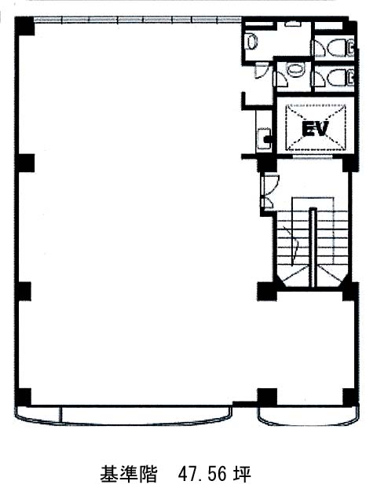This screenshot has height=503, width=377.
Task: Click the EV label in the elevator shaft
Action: (316, 129)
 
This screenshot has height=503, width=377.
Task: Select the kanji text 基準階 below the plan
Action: (129, 473)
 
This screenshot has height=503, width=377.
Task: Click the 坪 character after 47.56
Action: (241, 473)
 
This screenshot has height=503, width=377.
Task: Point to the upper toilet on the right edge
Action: (340, 47)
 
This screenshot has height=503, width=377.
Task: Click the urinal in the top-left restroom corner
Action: (251, 42)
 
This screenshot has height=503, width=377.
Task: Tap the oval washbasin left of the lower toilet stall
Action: (295, 71)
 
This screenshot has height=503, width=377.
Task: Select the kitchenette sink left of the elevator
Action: (264, 138)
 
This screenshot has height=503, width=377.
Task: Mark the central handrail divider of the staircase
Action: (313, 247)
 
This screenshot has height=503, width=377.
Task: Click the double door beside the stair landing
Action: (269, 191)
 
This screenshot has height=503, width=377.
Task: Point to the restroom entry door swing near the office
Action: (261, 71)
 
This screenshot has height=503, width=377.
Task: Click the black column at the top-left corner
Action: (24, 26)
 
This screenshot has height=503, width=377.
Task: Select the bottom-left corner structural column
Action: (24, 397)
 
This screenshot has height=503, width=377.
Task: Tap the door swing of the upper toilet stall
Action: (320, 49)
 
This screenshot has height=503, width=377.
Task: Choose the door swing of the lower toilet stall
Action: (320, 79)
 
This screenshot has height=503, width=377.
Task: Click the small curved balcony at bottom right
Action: (308, 417)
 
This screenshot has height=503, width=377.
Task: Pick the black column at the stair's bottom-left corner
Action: (267, 292)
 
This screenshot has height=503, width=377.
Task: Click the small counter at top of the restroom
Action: (291, 24)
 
